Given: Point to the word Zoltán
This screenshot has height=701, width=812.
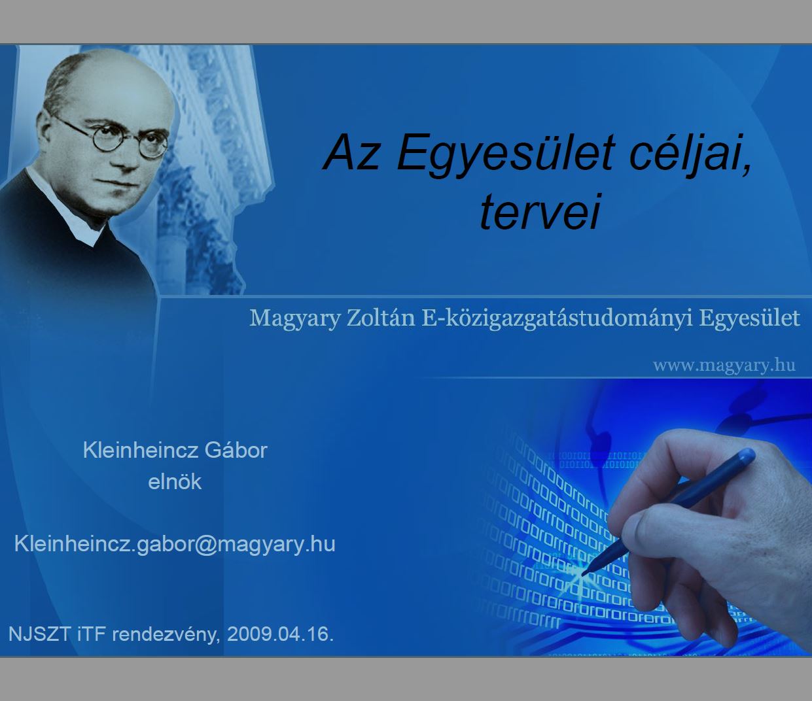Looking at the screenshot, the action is click(381, 318).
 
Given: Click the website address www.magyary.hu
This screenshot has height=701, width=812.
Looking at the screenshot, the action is click(724, 366).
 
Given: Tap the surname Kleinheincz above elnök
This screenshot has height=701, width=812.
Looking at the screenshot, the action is click(140, 450).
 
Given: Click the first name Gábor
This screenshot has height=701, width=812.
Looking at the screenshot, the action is click(236, 450).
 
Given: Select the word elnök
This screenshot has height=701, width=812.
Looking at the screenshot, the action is click(175, 482).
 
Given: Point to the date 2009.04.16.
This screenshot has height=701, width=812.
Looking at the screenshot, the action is click(280, 634).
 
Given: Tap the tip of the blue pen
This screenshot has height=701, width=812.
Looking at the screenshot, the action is click(583, 575).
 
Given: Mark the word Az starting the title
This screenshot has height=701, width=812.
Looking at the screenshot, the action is click(351, 153).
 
